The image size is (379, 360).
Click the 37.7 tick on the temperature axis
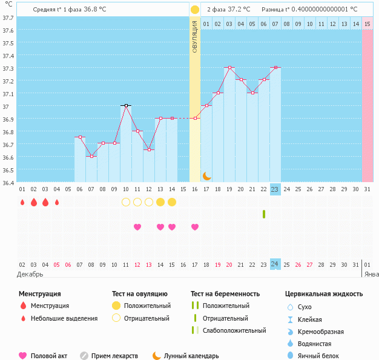(8, 18)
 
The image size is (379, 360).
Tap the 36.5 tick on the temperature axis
(8, 170)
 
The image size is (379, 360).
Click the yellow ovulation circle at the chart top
(195, 10)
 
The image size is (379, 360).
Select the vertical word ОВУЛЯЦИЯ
(195, 36)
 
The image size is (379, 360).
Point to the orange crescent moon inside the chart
(206, 175)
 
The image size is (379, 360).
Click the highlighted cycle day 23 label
(275, 189)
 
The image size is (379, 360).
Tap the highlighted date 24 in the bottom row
(275, 264)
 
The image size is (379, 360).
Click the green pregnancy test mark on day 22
(264, 214)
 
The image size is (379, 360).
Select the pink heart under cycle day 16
(195, 227)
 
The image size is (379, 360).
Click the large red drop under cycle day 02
(33, 202)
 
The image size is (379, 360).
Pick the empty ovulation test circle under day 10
(126, 202)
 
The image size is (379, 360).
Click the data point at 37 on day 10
(126, 105)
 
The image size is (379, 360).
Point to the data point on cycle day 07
(91, 156)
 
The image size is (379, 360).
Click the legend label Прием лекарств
(114, 356)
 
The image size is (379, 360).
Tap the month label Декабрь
(30, 274)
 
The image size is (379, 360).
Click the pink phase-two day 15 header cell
(367, 24)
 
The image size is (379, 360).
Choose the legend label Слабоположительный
(234, 330)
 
